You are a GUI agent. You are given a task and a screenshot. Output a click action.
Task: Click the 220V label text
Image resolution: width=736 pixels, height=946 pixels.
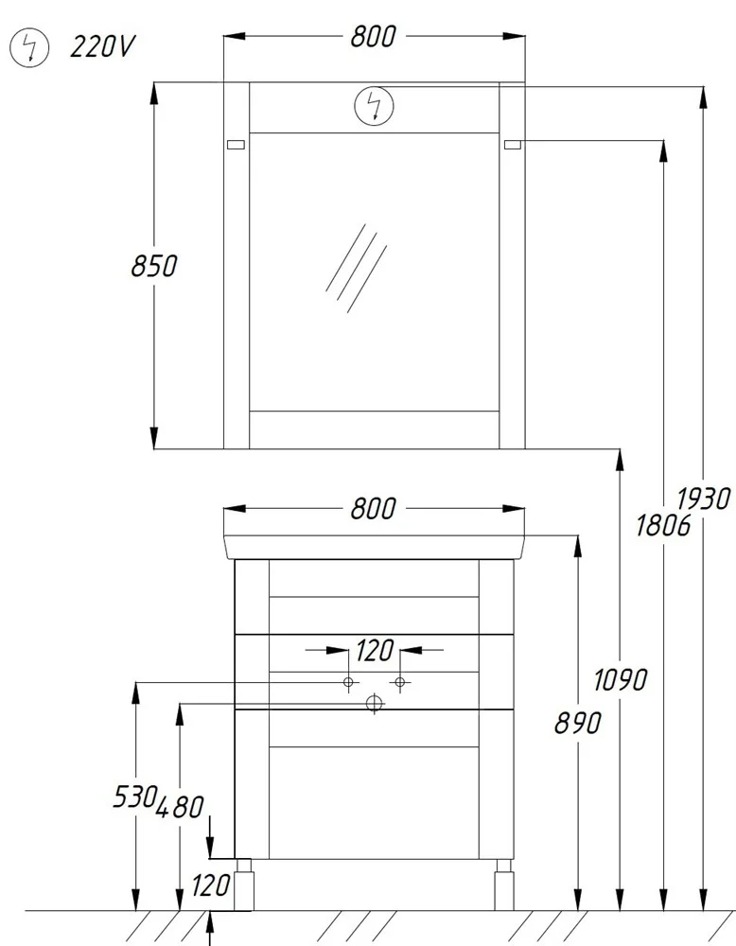pos(102,46)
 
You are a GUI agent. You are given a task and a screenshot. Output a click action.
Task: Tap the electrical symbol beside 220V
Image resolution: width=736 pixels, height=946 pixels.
pos(29,47)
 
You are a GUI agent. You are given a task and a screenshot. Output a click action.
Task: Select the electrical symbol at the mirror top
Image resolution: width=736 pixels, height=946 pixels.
pos(374,106)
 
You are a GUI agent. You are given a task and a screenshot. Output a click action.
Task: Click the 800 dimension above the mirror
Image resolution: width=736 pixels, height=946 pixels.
pos(374,36)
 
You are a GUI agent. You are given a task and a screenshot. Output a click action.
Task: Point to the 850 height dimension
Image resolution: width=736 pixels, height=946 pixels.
pos(154,266)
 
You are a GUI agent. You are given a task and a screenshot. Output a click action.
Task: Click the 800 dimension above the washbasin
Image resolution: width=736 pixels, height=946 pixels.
pos(374,509)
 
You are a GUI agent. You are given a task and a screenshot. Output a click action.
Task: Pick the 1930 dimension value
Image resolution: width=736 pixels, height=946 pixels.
pos(704,499)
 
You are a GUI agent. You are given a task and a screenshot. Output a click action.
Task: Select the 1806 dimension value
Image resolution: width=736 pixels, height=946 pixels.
pos(663,525)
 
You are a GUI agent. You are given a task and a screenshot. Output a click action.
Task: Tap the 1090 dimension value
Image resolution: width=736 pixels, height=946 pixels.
pos(621,680)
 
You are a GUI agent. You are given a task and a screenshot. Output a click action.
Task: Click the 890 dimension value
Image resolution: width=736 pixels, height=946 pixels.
pos(578,723)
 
